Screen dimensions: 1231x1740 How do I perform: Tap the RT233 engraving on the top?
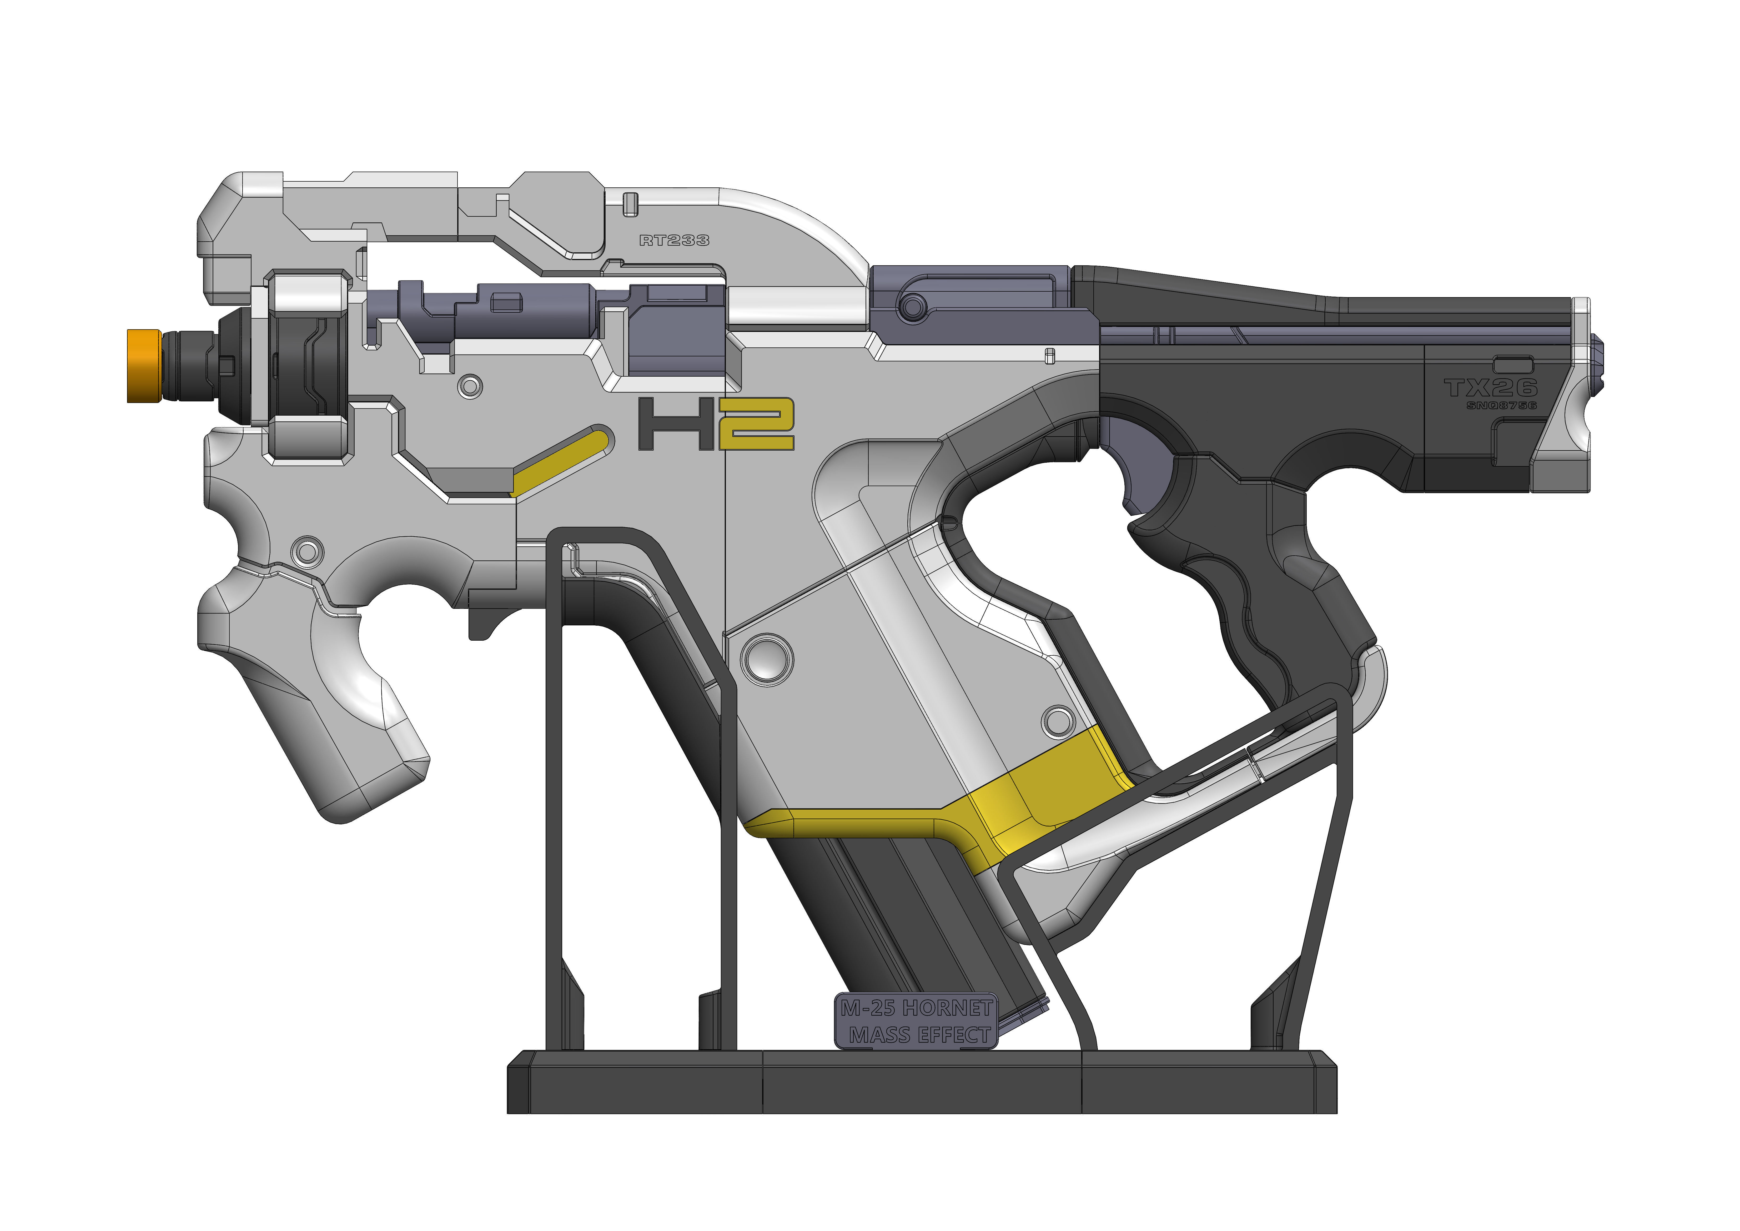coord(674,240)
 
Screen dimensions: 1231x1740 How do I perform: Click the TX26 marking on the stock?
coord(1490,388)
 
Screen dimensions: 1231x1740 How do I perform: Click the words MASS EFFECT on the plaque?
coord(918,1035)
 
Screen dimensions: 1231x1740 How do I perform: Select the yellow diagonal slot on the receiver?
coord(561,461)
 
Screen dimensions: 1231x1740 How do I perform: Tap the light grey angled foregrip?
coord(333,705)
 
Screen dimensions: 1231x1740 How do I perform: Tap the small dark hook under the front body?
coord(485,618)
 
